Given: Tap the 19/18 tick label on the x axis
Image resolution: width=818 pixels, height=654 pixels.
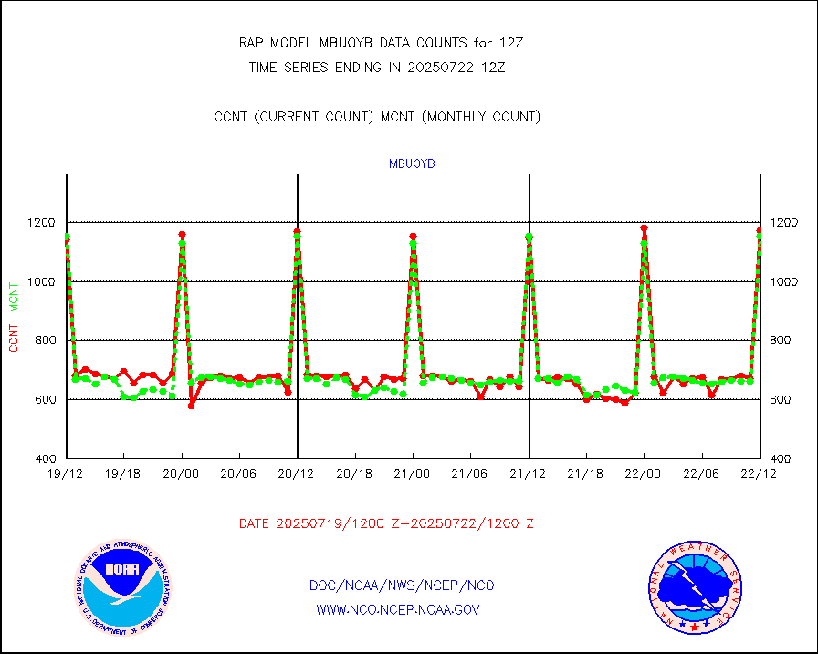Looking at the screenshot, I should point(123,473).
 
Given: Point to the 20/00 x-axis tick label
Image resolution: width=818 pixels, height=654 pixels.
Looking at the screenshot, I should point(182,473).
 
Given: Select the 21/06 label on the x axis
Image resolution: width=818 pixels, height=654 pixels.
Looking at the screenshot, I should point(470,473).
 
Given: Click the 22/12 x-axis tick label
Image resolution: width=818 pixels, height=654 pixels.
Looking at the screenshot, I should point(760,473).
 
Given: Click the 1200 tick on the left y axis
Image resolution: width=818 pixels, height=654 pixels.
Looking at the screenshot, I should point(43,222).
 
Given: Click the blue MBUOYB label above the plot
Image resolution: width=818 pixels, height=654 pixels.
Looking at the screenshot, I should point(413,164).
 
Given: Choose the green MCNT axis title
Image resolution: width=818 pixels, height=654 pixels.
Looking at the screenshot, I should point(14,294).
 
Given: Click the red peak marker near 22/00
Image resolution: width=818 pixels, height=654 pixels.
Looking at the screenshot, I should point(644,228).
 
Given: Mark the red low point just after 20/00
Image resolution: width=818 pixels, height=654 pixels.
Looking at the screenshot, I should point(192,405).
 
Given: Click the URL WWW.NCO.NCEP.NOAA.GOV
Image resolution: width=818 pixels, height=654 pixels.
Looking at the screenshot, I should point(397,609).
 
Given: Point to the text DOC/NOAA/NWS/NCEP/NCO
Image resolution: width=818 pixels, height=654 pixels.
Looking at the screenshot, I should point(402,585).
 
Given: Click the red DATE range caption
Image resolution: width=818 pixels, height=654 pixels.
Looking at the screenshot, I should point(386,524).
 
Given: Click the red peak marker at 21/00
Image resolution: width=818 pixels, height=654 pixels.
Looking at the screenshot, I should point(413,237).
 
